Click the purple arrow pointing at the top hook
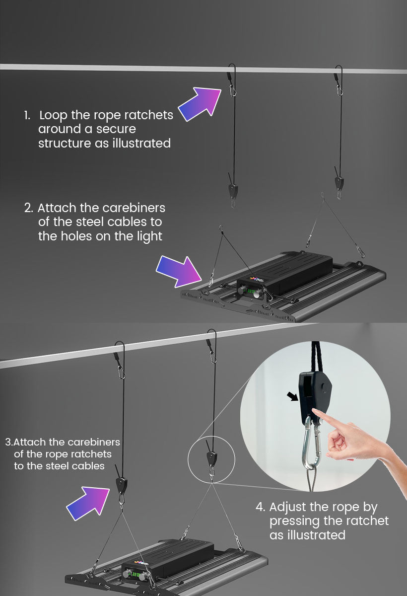[x=201, y=104]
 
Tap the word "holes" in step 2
[x=76, y=236]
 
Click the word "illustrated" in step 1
[x=141, y=143]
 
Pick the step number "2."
[x=29, y=208]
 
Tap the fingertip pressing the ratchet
[x=315, y=411]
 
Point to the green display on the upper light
[x=251, y=291]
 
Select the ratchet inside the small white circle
[x=211, y=458]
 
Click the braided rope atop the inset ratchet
[x=316, y=357]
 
